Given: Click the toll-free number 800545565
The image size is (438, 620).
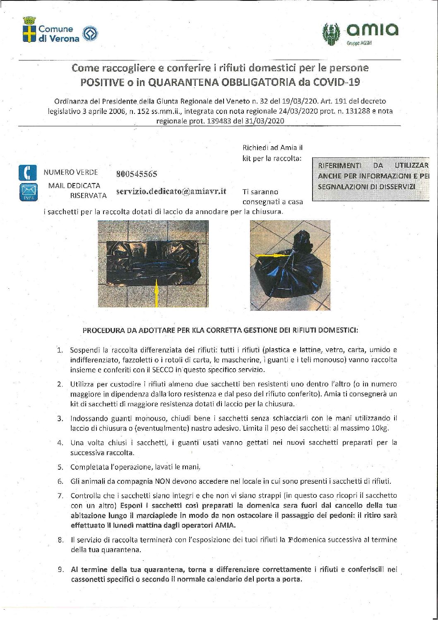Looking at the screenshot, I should tap(137, 174).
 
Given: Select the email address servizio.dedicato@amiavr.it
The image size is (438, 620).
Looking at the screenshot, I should tap(171, 191).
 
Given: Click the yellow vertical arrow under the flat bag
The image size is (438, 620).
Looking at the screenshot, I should tap(157, 293).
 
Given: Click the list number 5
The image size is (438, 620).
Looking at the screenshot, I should tap(60, 467).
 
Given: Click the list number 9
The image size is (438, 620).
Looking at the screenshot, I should tap(60, 570).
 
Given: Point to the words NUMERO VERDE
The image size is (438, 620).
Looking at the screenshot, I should tap(71, 172).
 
